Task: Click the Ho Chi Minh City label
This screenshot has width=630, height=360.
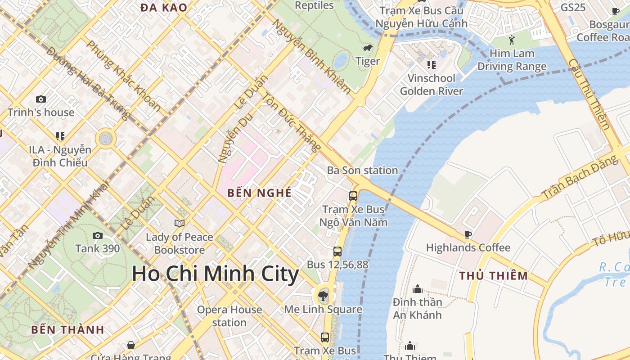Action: click(x=215, y=274)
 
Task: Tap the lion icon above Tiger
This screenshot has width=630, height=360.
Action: click(x=368, y=48)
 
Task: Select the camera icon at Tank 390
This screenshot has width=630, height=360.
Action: click(x=97, y=235)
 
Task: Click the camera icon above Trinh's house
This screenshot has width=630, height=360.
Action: click(x=41, y=99)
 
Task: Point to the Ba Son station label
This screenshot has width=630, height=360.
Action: click(x=362, y=171)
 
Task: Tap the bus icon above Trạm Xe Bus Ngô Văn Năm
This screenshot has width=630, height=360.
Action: click(x=353, y=196)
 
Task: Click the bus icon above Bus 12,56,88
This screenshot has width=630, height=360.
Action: click(x=337, y=252)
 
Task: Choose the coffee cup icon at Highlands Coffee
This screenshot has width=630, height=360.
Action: click(x=468, y=234)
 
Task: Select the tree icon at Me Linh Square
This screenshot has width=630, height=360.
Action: click(x=323, y=296)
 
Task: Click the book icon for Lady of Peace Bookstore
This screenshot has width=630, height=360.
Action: click(x=179, y=223)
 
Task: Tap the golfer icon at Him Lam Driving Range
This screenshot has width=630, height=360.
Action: click(x=512, y=40)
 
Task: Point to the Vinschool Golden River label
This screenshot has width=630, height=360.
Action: click(x=431, y=85)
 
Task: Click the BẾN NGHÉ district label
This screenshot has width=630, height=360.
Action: click(x=259, y=193)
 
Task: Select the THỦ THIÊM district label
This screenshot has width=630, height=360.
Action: click(x=493, y=276)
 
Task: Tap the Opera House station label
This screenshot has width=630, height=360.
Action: click(x=229, y=316)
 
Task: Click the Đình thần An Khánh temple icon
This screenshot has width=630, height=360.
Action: click(x=417, y=289)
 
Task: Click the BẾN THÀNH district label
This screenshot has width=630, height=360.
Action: click(x=67, y=329)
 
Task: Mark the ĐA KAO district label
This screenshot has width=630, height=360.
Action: click(x=163, y=7)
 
